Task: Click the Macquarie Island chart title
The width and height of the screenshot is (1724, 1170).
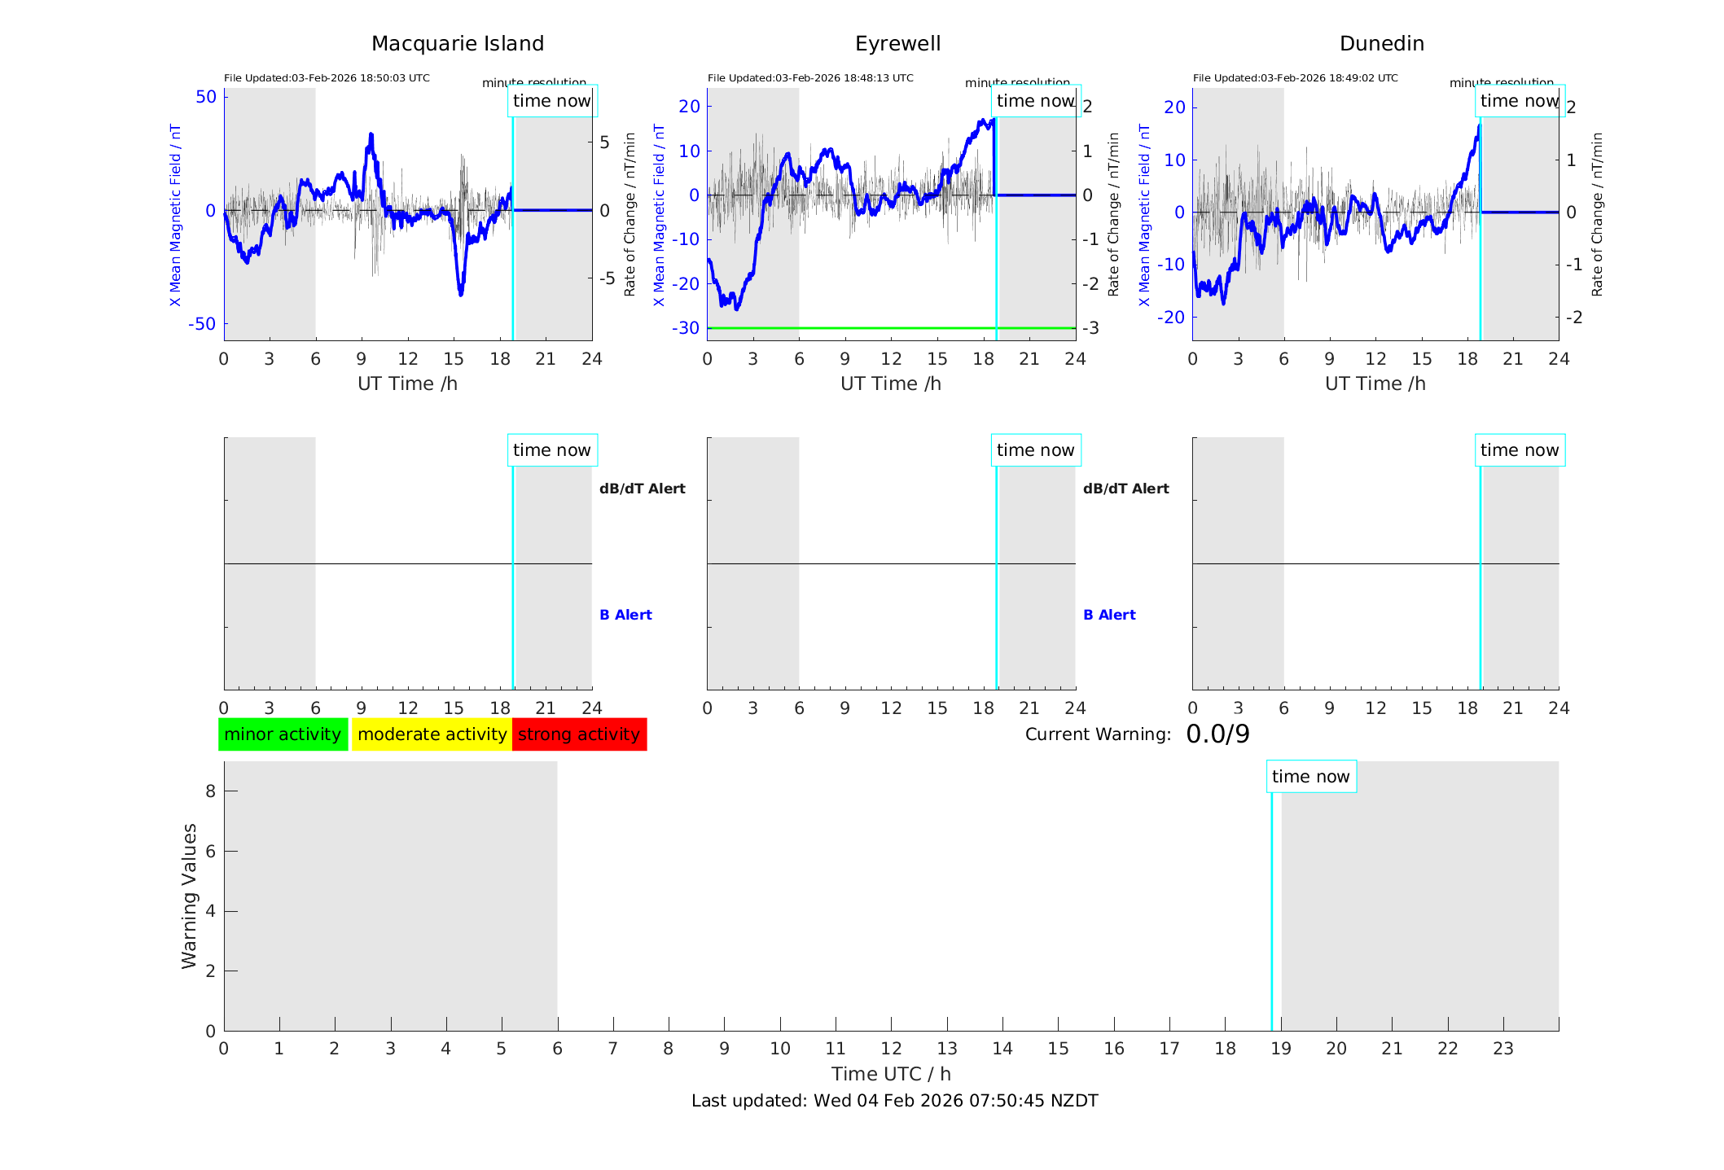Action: click(457, 44)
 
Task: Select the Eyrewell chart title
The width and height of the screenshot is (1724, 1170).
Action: click(897, 44)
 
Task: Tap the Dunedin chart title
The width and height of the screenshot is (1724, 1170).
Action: click(1381, 44)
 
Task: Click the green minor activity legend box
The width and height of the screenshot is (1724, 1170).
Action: click(283, 734)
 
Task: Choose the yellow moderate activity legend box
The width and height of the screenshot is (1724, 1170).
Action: click(432, 734)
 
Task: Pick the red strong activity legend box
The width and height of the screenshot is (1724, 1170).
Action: click(579, 734)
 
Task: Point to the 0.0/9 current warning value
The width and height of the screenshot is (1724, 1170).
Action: click(1217, 734)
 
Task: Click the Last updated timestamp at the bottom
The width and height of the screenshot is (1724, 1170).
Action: click(894, 1101)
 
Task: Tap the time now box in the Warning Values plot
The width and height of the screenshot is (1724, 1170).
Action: click(1310, 777)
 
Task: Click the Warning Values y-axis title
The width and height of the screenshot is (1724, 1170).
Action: click(190, 896)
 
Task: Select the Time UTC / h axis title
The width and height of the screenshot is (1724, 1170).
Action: click(891, 1074)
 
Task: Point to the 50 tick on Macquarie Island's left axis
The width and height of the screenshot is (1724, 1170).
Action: click(206, 97)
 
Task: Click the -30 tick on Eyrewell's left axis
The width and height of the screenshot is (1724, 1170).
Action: click(685, 328)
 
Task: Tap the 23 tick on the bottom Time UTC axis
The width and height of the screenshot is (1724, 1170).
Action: click(1502, 1049)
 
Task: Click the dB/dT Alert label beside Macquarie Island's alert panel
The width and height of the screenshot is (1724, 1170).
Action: click(642, 489)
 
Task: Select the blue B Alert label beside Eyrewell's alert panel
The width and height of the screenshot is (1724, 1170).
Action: click(1109, 615)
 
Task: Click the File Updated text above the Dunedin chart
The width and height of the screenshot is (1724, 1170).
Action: click(1295, 78)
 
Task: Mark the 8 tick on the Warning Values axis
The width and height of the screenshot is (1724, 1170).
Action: click(211, 791)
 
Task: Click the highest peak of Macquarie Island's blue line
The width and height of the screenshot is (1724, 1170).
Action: click(371, 134)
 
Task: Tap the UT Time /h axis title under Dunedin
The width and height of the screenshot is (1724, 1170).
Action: click(1375, 383)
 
